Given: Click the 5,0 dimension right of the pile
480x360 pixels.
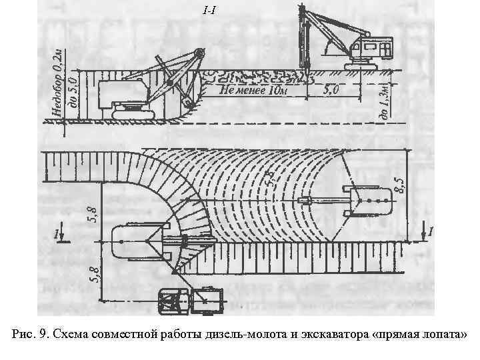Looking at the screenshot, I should click(x=331, y=91).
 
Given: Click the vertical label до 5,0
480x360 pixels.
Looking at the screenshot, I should click(x=75, y=95).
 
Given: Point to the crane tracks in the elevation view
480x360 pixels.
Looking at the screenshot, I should click(x=368, y=65).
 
